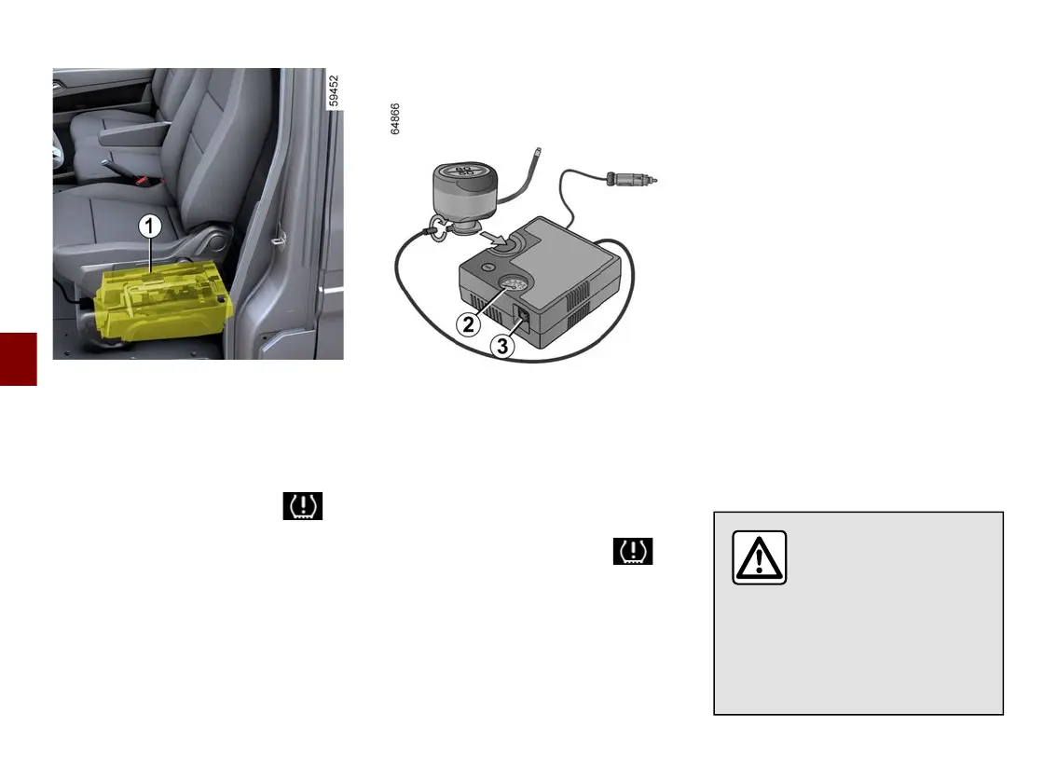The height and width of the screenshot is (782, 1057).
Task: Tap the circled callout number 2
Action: pyautogui.click(x=469, y=324)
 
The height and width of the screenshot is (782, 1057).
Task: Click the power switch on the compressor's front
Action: pyautogui.click(x=524, y=315)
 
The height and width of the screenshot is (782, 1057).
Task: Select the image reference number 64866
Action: pyautogui.click(x=395, y=119)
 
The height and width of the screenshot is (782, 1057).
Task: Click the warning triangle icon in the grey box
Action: pyautogui.click(x=759, y=557)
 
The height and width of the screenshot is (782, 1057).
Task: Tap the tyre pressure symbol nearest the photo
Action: pyautogui.click(x=303, y=506)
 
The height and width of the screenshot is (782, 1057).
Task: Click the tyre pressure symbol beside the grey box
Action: pyautogui.click(x=633, y=552)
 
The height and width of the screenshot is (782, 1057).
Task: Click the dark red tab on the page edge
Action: pyautogui.click(x=18, y=358)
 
